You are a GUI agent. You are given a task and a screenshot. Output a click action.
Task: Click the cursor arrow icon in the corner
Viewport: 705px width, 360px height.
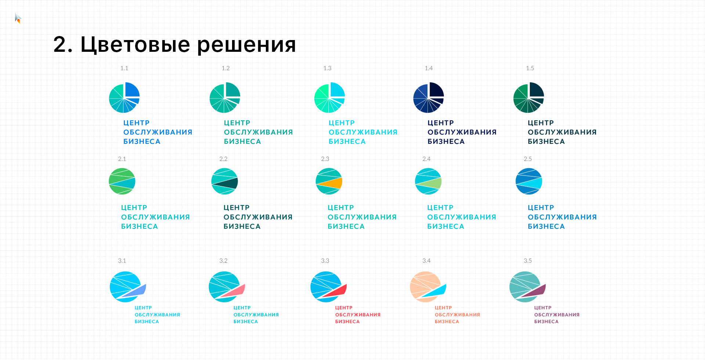[x=18, y=18]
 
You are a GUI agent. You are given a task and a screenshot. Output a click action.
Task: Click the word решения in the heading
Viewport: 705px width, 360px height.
[x=246, y=45]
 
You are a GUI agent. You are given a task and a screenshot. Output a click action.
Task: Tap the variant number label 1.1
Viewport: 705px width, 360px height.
[x=124, y=68]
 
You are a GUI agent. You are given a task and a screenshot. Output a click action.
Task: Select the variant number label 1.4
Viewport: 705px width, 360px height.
[x=429, y=68]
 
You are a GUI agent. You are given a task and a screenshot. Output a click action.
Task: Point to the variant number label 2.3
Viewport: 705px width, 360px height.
[x=325, y=159]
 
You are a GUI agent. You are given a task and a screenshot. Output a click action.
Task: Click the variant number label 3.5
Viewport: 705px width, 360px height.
[x=528, y=261]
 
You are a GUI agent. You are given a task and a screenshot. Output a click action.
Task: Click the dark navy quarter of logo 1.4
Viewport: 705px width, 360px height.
[x=436, y=89]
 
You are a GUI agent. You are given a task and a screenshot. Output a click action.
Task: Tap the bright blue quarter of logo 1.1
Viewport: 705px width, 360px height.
[x=132, y=89]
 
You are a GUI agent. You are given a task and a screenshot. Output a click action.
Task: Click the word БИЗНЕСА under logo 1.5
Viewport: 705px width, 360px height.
[x=546, y=142]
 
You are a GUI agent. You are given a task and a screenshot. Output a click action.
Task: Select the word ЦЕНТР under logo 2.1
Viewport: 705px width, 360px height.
[x=134, y=208]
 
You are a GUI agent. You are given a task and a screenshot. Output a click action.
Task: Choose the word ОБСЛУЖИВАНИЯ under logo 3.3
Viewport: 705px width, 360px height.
[x=358, y=315]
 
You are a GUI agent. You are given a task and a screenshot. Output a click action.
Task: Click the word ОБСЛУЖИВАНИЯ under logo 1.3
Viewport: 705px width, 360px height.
[x=363, y=132]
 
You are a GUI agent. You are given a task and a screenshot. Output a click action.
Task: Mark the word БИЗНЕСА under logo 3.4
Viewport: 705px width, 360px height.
[x=447, y=322]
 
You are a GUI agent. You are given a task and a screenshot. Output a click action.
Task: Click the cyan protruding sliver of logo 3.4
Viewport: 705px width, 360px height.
[x=435, y=291]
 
